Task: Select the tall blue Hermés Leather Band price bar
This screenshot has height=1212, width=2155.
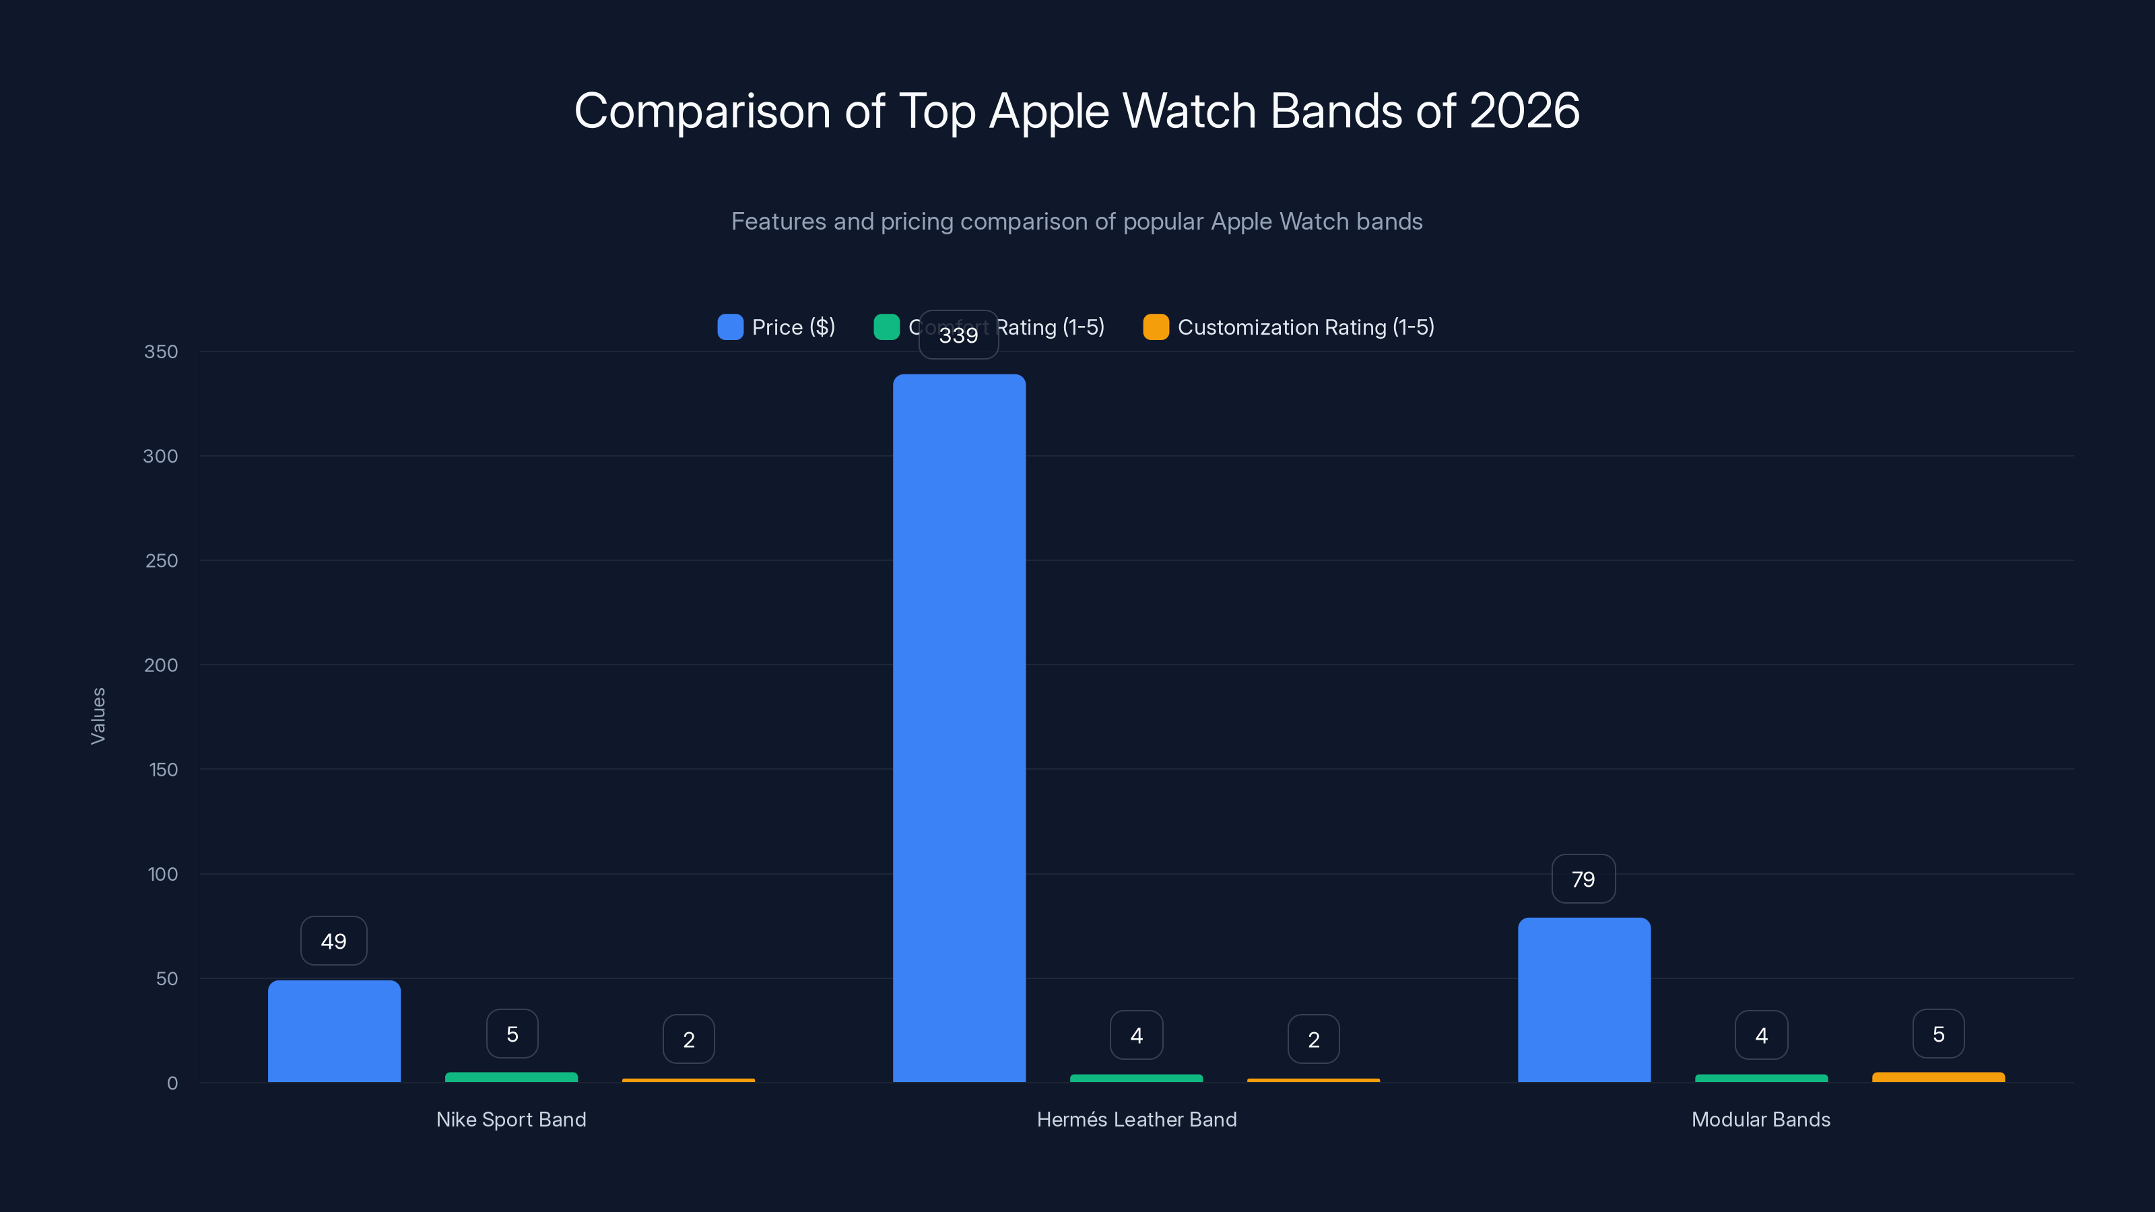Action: coord(959,728)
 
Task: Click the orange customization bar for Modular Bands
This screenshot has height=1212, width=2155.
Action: coord(1937,1077)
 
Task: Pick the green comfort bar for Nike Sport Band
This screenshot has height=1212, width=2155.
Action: coord(511,1077)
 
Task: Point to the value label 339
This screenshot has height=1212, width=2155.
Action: coord(959,335)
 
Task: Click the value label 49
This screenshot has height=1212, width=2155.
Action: coord(334,941)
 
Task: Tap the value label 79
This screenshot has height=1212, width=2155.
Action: coord(1583,879)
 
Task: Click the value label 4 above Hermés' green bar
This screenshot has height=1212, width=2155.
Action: coord(1136,1036)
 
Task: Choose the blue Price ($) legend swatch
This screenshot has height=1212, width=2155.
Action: coord(730,327)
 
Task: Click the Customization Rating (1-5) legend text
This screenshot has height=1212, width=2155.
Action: coord(1305,327)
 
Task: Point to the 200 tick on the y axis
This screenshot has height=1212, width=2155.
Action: coord(161,665)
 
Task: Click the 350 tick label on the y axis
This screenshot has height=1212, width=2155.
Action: coord(161,352)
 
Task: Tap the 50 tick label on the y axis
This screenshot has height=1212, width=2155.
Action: coord(166,978)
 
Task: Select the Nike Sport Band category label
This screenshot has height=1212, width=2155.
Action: coord(511,1119)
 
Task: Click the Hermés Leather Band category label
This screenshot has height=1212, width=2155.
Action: coord(1136,1119)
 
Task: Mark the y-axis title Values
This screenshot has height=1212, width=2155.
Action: coord(98,716)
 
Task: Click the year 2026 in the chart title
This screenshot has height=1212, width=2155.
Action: coord(1524,111)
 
